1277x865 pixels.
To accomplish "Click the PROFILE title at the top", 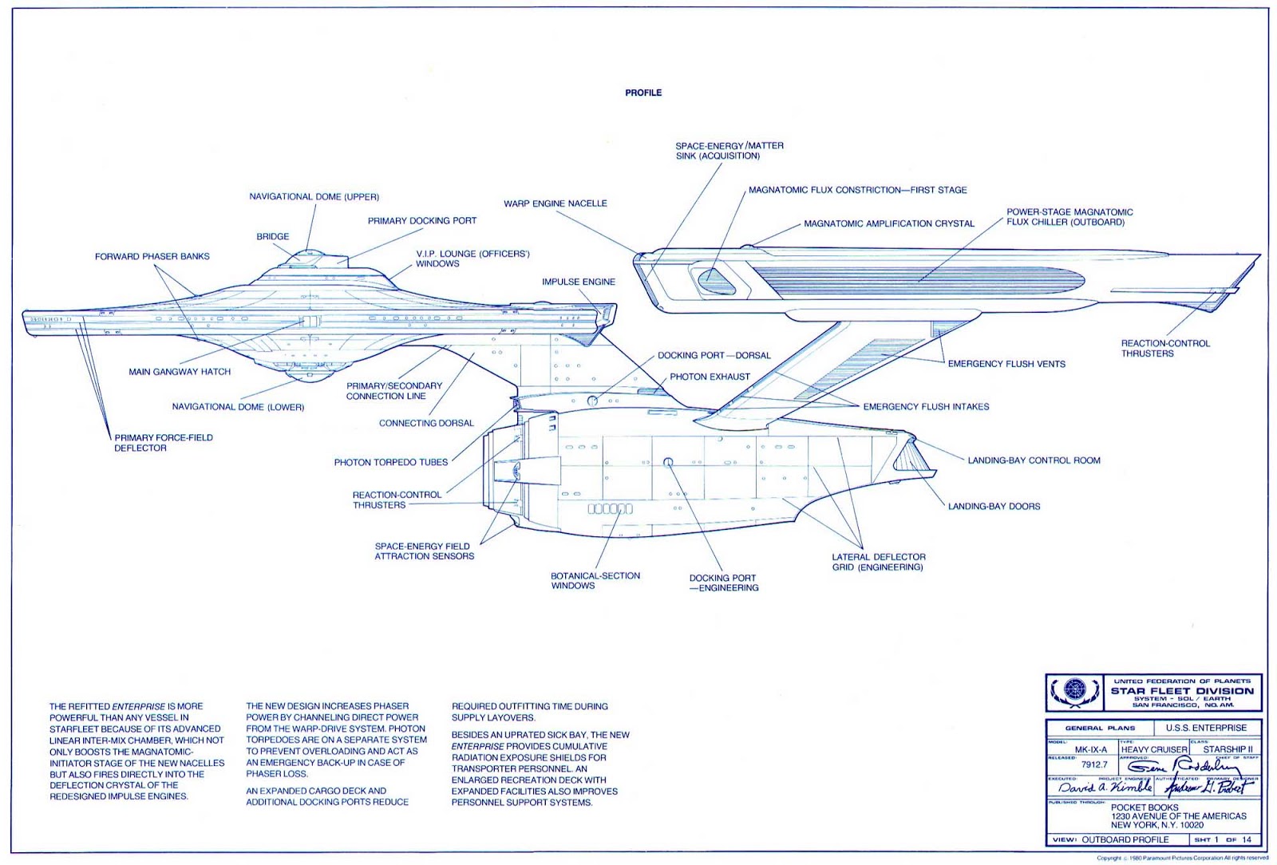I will [x=643, y=93].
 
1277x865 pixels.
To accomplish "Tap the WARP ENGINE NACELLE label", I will [x=555, y=203].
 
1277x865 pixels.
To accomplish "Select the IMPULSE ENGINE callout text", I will [x=578, y=282].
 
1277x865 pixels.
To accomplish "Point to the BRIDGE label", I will [x=272, y=236].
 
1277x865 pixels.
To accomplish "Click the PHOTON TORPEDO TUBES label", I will [x=390, y=462].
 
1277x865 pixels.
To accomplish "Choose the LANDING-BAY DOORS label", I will [x=994, y=506].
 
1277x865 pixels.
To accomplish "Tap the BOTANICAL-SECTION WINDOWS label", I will [x=595, y=580].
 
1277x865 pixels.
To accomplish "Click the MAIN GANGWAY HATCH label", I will [x=180, y=372].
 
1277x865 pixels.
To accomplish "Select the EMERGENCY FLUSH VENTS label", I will [x=1006, y=364].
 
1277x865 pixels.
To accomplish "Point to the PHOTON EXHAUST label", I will [x=710, y=377].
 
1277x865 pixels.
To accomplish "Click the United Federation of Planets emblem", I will [x=1074, y=691].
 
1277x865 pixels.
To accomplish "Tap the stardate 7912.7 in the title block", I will [x=1093, y=764].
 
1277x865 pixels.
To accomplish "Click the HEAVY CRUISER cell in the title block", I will [x=1153, y=749].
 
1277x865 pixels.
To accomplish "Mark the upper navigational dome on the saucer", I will [x=304, y=255].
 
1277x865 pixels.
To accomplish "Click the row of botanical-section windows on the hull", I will [x=610, y=508].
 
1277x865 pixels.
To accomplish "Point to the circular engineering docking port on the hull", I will [x=668, y=462].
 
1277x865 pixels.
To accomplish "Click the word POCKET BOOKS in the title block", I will [x=1144, y=808].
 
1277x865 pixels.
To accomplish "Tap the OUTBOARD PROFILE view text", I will [x=1125, y=839].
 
